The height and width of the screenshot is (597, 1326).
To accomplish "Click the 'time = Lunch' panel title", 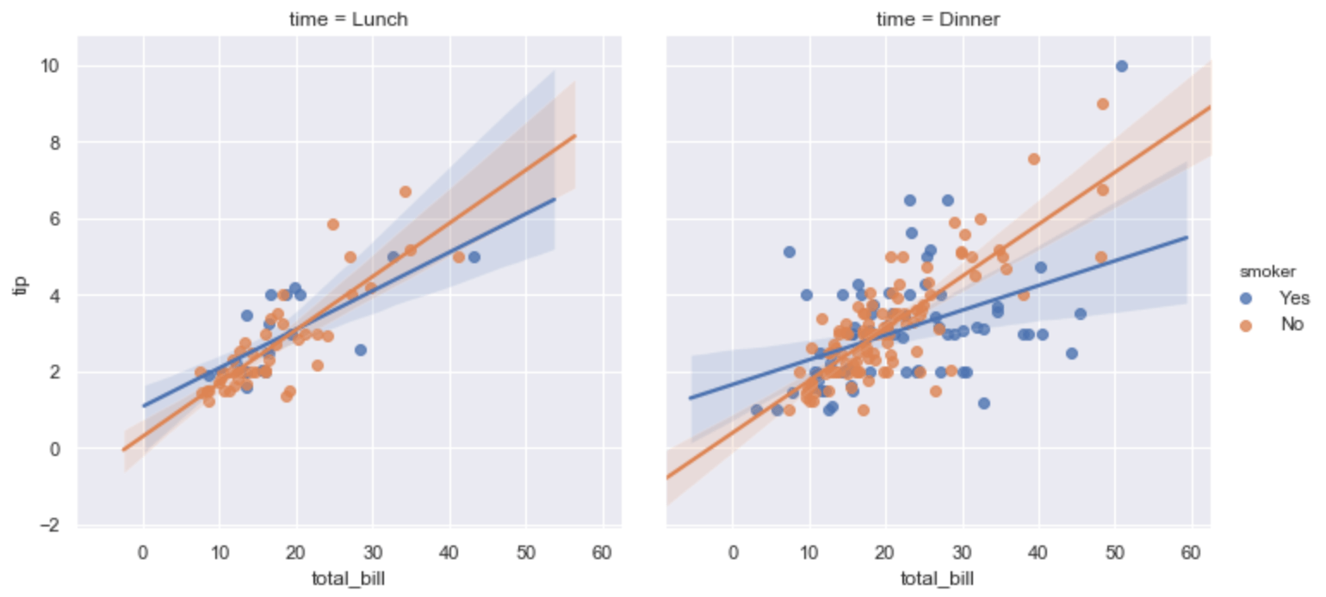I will pos(348,20).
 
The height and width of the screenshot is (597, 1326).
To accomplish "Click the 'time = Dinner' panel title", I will pos(938,20).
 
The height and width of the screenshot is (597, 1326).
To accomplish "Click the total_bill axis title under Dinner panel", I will pos(938,578).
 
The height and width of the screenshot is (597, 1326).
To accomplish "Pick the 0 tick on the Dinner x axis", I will pos(733,551).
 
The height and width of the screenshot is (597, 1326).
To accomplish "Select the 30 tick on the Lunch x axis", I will pos(373,551).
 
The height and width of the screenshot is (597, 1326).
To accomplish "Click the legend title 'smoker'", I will pos(1263,272).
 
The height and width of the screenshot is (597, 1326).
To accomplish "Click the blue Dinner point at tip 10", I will pos(1121,66).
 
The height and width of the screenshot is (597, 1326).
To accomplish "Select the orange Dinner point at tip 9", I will pos(1102,104).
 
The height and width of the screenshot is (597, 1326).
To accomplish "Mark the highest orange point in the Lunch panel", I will pos(405,192).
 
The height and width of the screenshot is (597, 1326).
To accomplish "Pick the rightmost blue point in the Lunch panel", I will pos(474,257).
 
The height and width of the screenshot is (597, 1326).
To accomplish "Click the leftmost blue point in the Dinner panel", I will pos(757,410).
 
